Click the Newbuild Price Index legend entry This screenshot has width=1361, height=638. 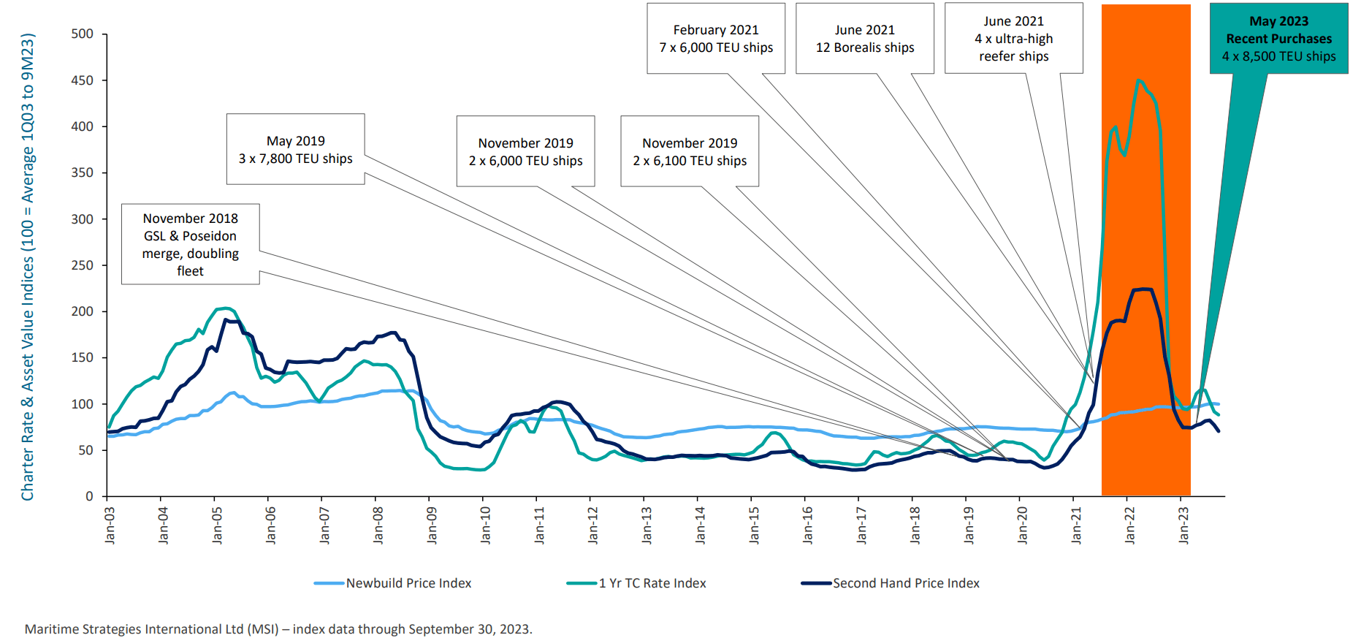(x=408, y=583)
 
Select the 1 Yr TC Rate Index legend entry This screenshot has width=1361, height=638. (x=652, y=583)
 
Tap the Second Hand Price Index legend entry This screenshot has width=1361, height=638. (x=905, y=583)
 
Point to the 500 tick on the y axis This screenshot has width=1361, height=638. (x=83, y=34)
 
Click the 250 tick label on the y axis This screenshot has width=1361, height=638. (x=83, y=265)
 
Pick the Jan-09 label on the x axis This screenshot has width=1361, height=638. (x=432, y=525)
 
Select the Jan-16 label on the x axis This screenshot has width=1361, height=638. (x=807, y=525)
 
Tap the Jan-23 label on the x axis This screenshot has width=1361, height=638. (x=1183, y=525)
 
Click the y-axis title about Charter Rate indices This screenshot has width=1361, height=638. (x=28, y=267)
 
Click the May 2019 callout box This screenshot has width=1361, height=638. (x=295, y=149)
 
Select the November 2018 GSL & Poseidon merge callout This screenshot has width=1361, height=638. (x=190, y=244)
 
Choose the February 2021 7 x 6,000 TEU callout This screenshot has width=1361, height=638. (x=716, y=39)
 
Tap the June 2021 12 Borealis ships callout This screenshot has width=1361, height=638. (x=865, y=39)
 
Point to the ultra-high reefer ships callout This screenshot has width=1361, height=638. (x=1013, y=39)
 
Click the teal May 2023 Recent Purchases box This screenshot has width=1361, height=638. (x=1278, y=39)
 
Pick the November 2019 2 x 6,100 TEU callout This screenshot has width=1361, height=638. (x=690, y=151)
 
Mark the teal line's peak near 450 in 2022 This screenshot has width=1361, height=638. (x=1139, y=80)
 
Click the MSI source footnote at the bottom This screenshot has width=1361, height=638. (x=278, y=629)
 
